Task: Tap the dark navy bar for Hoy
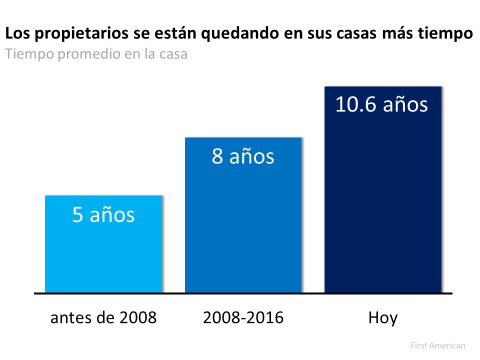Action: [383, 200]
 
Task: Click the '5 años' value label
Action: [103, 215]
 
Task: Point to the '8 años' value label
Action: [243, 156]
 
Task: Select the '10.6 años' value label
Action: [381, 105]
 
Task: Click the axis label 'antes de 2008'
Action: [103, 317]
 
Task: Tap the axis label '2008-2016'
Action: [243, 317]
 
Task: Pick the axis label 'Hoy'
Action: [383, 318]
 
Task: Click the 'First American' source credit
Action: [437, 345]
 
